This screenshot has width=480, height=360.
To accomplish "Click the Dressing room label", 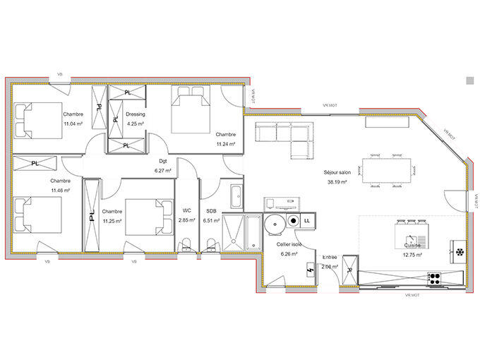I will (x=135, y=114).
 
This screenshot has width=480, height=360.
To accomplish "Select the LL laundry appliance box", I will (x=307, y=221).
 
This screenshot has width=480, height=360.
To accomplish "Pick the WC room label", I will (x=187, y=210).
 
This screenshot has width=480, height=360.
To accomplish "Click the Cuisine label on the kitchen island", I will (x=413, y=245).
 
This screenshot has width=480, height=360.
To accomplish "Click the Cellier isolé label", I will (x=289, y=244).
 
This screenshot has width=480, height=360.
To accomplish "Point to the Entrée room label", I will (x=330, y=257).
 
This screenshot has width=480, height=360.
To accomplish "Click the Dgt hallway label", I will (x=163, y=160).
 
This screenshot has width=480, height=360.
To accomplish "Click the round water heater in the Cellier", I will (x=276, y=222).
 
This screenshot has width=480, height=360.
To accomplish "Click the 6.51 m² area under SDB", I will (x=211, y=220).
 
